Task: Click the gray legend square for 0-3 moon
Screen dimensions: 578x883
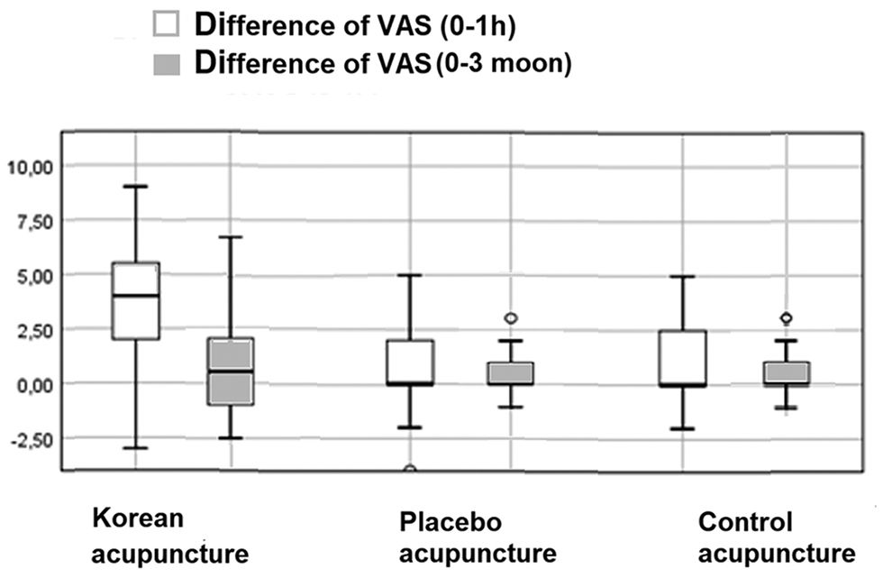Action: pyautogui.click(x=167, y=65)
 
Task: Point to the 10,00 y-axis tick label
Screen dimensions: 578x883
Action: pyautogui.click(x=30, y=166)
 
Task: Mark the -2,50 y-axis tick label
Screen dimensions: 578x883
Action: pyautogui.click(x=30, y=439)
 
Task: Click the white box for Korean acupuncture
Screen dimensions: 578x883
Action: pyautogui.click(x=135, y=300)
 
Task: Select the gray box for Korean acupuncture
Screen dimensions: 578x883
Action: pyautogui.click(x=232, y=372)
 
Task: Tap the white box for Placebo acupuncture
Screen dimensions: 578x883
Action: pyautogui.click(x=410, y=362)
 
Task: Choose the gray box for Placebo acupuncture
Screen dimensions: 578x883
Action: pyautogui.click(x=511, y=373)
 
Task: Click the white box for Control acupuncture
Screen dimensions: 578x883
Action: pyautogui.click(x=682, y=358)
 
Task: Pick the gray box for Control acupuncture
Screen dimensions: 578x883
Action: pyautogui.click(x=786, y=373)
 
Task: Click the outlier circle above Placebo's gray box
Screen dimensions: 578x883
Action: pyautogui.click(x=511, y=318)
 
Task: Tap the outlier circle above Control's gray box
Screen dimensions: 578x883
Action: pyautogui.click(x=786, y=318)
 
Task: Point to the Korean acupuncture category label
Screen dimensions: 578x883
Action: pyautogui.click(x=169, y=536)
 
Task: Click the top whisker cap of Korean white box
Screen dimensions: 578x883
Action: pyautogui.click(x=135, y=187)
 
